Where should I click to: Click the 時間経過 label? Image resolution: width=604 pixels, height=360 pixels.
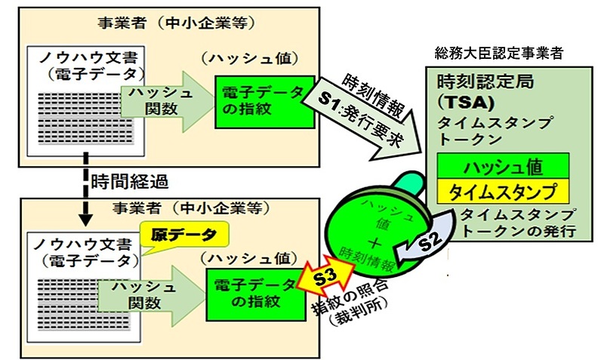click(x=128, y=181)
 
